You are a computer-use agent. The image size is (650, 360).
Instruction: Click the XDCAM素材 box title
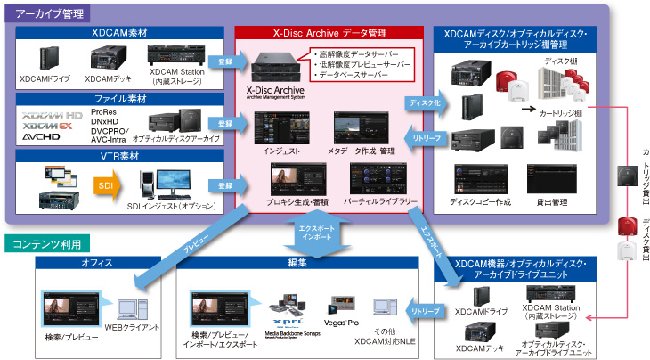point(120,33)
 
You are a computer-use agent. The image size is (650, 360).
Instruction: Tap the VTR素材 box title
point(120,155)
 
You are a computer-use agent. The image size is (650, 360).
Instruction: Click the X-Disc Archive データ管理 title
point(329,33)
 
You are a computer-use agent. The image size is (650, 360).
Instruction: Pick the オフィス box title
point(96,263)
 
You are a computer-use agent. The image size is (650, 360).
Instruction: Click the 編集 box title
point(297,263)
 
